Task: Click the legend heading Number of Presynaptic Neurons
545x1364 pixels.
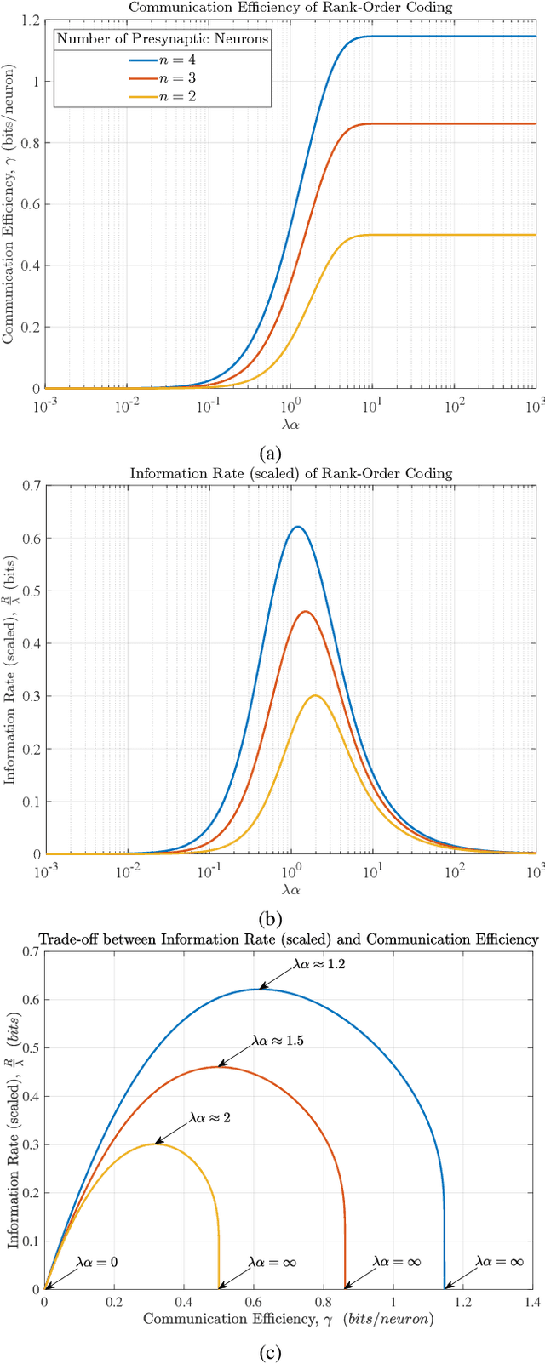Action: click(162, 38)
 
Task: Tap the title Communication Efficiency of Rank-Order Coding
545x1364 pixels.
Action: click(291, 8)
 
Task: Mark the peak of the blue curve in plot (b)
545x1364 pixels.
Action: click(296, 527)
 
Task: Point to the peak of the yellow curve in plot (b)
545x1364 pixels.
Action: click(315, 695)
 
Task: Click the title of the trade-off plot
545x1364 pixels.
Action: click(289, 939)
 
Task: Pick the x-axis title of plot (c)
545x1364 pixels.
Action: click(288, 1319)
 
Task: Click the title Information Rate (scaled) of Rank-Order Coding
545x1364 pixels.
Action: click(291, 473)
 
